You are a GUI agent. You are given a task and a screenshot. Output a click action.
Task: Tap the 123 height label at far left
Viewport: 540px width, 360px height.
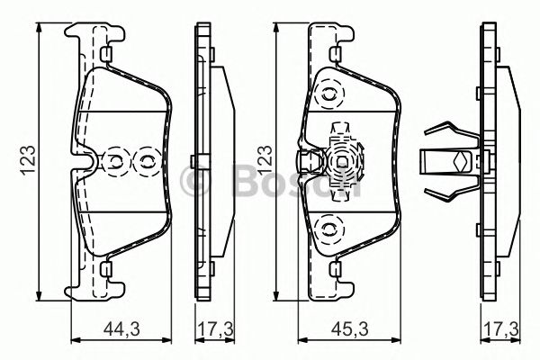click(29, 160)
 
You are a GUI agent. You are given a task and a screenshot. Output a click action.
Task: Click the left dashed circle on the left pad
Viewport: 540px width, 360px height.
click(116, 162)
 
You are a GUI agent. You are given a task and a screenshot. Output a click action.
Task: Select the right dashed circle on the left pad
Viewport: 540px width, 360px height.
click(143, 162)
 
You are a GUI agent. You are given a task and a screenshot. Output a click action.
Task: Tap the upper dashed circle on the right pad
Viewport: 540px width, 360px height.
click(330, 93)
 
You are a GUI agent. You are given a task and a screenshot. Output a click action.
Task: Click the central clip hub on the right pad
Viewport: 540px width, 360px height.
click(342, 162)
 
